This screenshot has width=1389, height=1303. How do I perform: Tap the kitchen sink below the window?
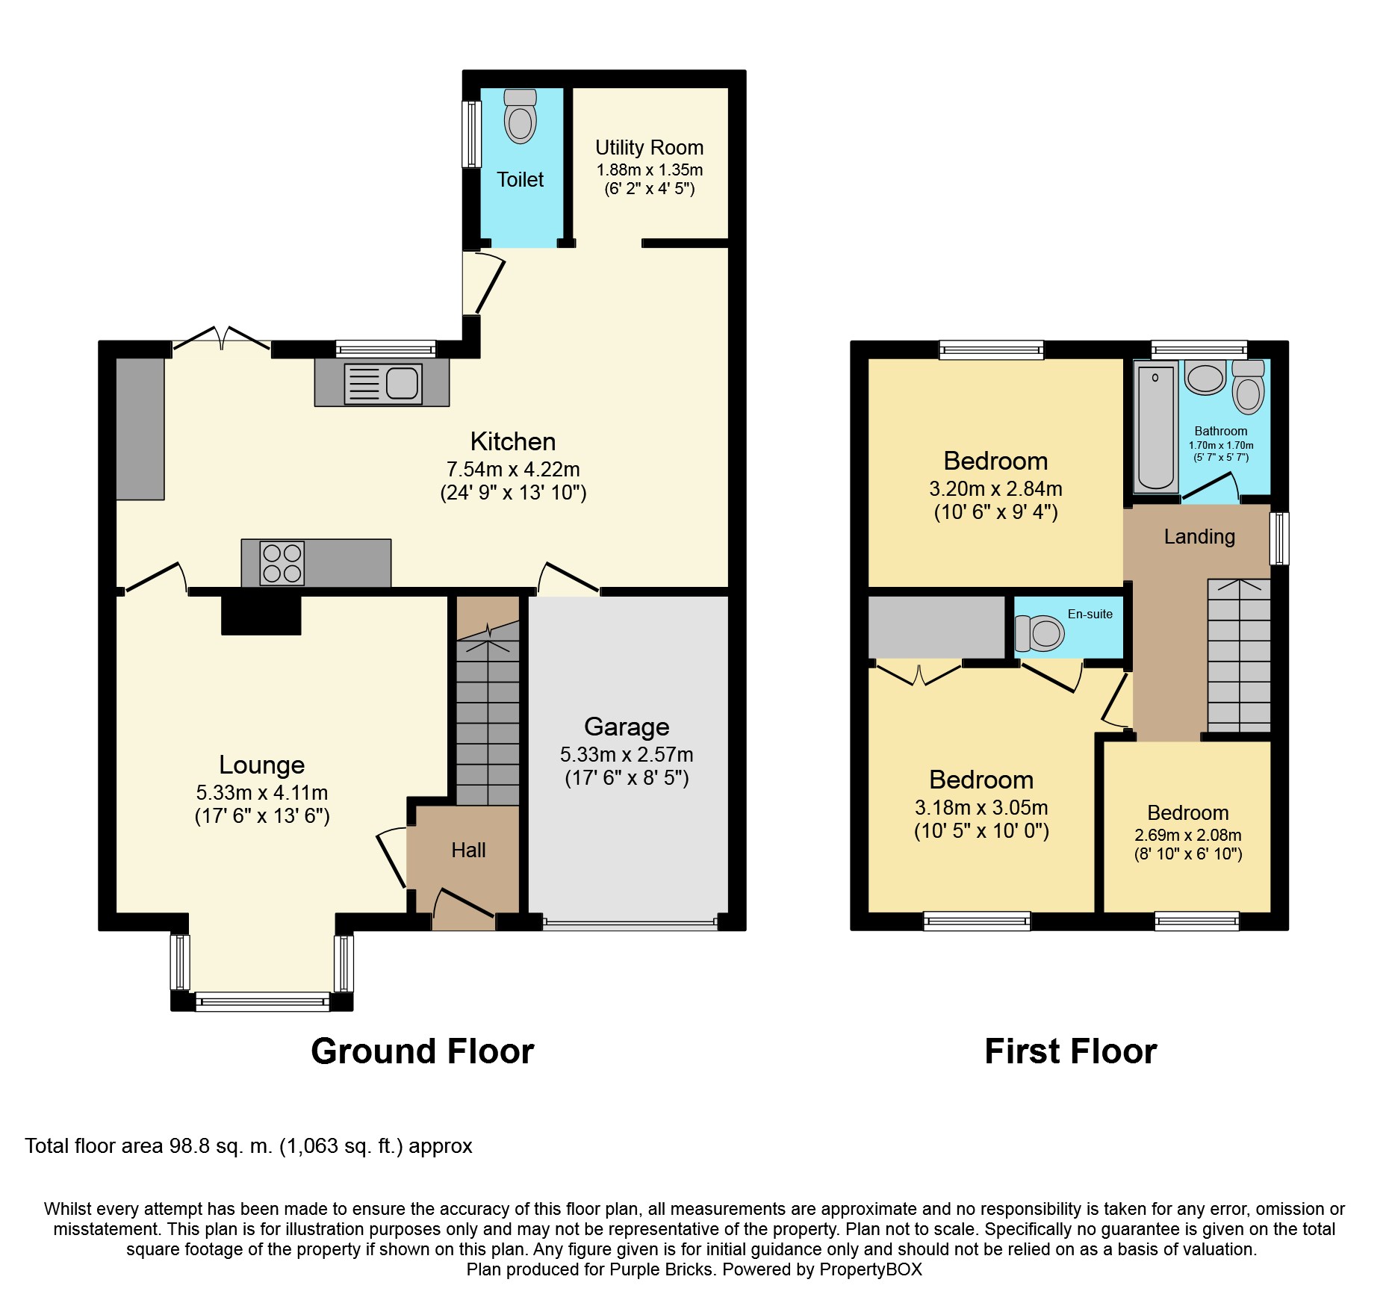[x=383, y=384]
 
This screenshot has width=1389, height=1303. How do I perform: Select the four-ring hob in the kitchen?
[x=282, y=562]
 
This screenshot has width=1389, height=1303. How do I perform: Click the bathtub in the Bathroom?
[x=1155, y=428]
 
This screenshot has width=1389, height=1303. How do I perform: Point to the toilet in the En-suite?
[x=1040, y=633]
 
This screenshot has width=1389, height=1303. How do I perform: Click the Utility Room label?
[x=649, y=148]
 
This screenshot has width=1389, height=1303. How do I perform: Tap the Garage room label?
[x=627, y=727]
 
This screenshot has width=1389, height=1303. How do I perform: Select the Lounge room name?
[x=261, y=765]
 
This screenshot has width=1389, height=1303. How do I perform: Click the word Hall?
[x=468, y=850]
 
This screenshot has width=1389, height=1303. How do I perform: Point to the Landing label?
[x=1199, y=536]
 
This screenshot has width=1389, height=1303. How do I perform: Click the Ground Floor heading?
[x=422, y=1051]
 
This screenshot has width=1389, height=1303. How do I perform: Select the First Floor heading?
[x=1070, y=1051]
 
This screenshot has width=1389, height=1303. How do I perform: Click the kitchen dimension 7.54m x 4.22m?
[x=513, y=470]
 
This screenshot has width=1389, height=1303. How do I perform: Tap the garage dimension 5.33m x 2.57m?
[x=627, y=755]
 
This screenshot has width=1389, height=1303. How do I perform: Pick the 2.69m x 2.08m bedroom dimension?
[x=1188, y=836]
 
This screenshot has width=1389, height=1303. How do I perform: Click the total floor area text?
[x=249, y=1146]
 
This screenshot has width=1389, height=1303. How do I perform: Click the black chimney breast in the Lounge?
[x=261, y=615]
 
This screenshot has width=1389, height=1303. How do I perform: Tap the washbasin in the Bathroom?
[x=1205, y=377]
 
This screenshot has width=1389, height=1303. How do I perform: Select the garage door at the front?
[x=630, y=923]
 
